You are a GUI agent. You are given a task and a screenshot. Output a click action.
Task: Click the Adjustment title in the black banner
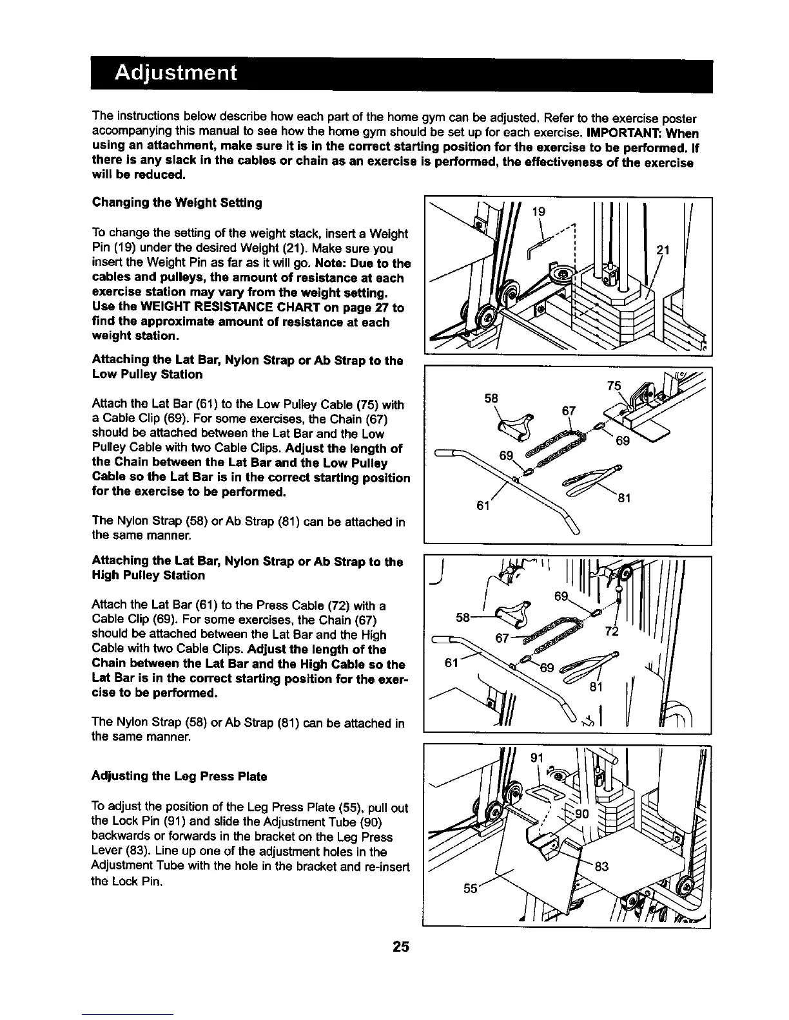point(176,73)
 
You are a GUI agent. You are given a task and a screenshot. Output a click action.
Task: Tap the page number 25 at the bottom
point(402,947)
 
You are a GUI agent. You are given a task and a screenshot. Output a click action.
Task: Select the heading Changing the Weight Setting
point(177,203)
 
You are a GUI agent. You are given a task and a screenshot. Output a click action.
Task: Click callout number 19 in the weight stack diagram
point(540,212)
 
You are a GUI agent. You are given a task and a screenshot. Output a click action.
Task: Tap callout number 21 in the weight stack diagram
point(663,250)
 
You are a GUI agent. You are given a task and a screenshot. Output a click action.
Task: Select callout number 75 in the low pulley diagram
point(615,386)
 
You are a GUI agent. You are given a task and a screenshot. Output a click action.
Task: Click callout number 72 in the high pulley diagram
point(612,631)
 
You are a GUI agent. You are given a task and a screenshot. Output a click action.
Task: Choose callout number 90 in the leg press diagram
point(582,815)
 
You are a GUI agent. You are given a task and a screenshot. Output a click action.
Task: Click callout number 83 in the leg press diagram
point(601,867)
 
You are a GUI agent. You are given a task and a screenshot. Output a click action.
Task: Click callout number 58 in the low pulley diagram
point(491,399)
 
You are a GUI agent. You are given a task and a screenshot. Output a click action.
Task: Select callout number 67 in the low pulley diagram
point(569,411)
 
